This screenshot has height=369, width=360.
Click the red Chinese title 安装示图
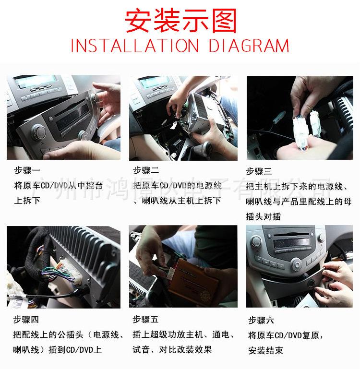coord(180,20)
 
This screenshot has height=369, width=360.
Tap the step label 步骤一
coord(27,170)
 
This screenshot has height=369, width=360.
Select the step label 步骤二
coord(145,170)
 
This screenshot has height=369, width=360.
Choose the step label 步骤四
coord(26,319)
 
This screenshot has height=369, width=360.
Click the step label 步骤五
coord(145,319)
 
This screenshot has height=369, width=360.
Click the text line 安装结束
coord(265,350)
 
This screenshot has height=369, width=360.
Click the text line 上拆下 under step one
coord(27,200)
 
